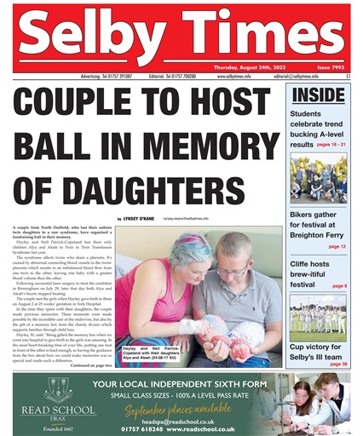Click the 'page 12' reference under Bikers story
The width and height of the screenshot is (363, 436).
point(337,246)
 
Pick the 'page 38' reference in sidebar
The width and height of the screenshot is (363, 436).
point(338,364)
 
